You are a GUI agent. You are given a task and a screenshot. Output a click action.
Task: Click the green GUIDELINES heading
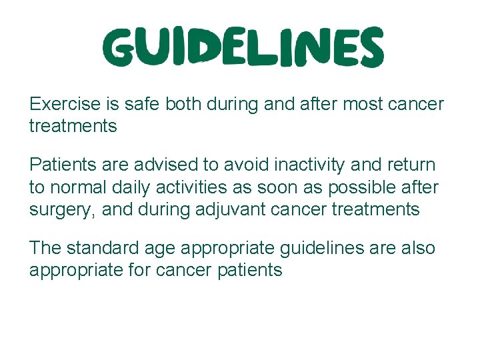(244, 48)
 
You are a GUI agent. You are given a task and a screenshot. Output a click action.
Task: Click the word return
(410, 165)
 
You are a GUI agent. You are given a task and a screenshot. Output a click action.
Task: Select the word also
(417, 248)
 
